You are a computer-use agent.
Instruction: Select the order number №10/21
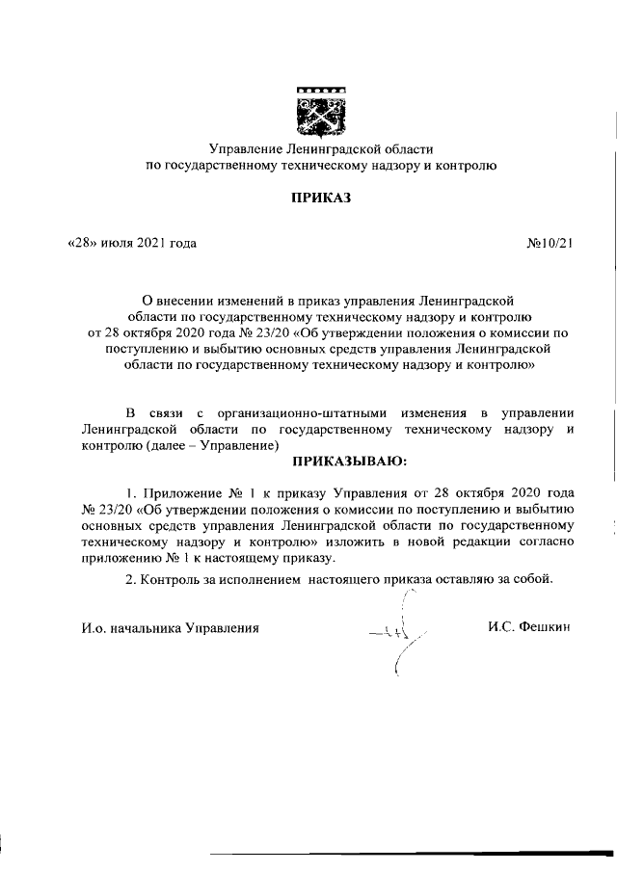tap(550, 243)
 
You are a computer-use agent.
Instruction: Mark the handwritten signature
tap(396, 633)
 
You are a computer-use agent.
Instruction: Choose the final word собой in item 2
tap(533, 578)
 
